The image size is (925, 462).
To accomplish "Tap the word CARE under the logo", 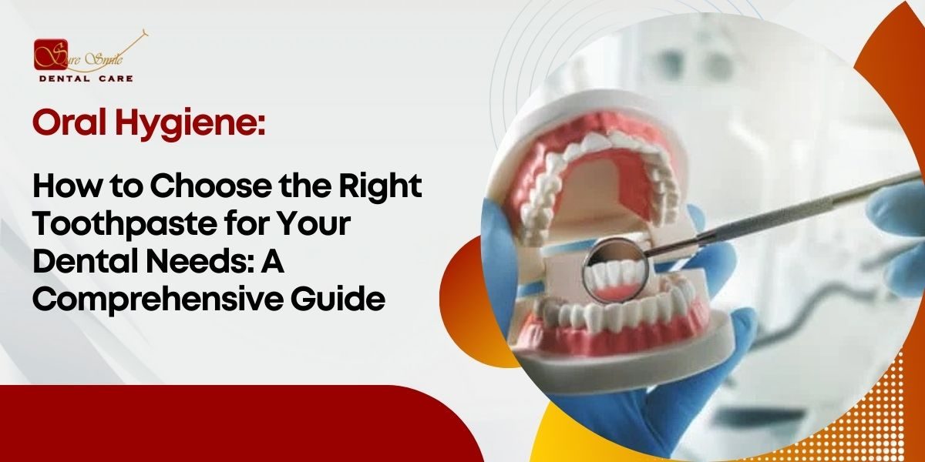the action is pyautogui.click(x=116, y=79).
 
